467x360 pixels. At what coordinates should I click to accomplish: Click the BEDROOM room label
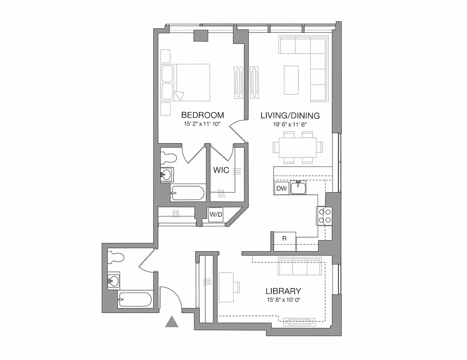click(202, 115)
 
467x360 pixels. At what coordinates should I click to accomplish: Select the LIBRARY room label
click(283, 291)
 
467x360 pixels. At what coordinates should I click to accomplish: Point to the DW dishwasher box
click(281, 188)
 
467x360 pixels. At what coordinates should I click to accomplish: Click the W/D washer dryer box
click(216, 215)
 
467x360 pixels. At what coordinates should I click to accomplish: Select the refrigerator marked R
click(284, 238)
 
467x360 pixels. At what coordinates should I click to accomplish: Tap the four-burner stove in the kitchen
click(324, 216)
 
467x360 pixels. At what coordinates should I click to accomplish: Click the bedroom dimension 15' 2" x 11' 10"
click(202, 124)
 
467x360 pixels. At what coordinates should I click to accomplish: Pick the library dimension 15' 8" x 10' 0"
click(283, 300)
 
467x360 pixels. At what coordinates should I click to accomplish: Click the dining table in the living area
click(297, 147)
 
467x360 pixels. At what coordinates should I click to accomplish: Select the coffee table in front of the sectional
click(291, 80)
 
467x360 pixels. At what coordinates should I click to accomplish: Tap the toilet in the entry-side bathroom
click(116, 258)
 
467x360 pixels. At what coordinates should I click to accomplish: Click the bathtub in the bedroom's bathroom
click(188, 193)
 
